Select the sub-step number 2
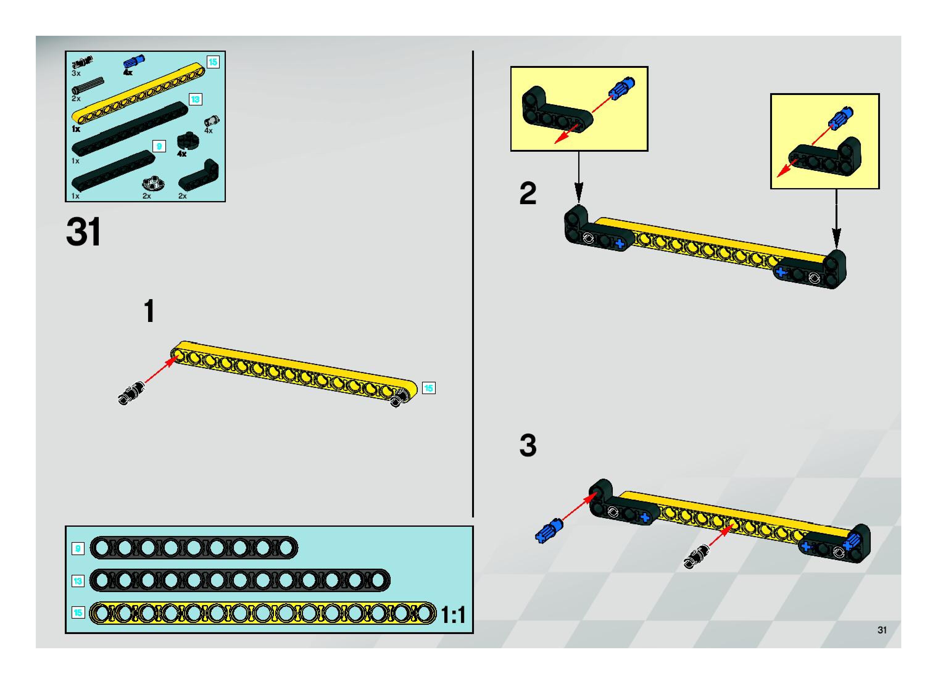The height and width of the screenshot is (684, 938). pyautogui.click(x=527, y=193)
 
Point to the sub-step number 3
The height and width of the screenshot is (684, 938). pyautogui.click(x=527, y=446)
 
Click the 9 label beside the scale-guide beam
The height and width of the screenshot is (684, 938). pyautogui.click(x=77, y=549)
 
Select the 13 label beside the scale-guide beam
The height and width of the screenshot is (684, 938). pyautogui.click(x=77, y=581)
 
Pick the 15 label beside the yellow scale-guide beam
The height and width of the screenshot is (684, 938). pyautogui.click(x=77, y=613)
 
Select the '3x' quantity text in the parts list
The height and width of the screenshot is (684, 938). pyautogui.click(x=76, y=73)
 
